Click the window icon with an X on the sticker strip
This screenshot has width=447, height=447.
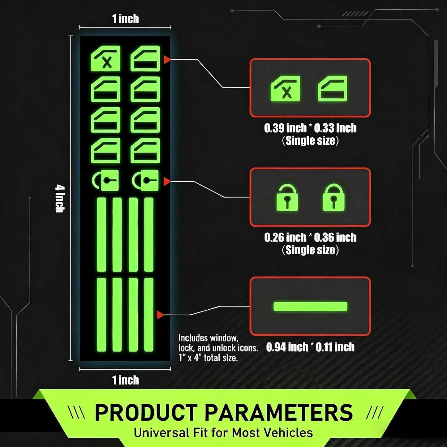click(x=105, y=58)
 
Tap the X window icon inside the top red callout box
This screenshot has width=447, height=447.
click(x=285, y=88)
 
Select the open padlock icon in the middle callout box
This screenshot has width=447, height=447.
click(x=287, y=198)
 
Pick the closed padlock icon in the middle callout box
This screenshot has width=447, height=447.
click(x=333, y=198)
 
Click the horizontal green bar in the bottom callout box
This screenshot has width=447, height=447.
click(x=310, y=307)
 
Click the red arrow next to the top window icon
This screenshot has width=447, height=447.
click(x=167, y=60)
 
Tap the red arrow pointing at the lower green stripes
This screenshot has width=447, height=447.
click(x=160, y=315)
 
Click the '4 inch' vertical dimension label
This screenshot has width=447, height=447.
click(x=60, y=199)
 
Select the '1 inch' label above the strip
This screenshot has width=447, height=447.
click(x=126, y=19)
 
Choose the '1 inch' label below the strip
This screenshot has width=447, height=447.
click(x=126, y=380)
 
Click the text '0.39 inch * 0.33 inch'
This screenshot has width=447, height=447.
click(x=310, y=128)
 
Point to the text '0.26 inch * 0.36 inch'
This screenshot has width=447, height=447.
click(x=310, y=237)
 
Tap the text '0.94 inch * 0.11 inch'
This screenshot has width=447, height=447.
click(x=310, y=347)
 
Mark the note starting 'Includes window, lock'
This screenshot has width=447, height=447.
click(x=218, y=348)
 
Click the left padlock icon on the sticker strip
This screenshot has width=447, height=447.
click(x=105, y=180)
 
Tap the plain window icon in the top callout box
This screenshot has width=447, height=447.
click(x=333, y=88)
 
